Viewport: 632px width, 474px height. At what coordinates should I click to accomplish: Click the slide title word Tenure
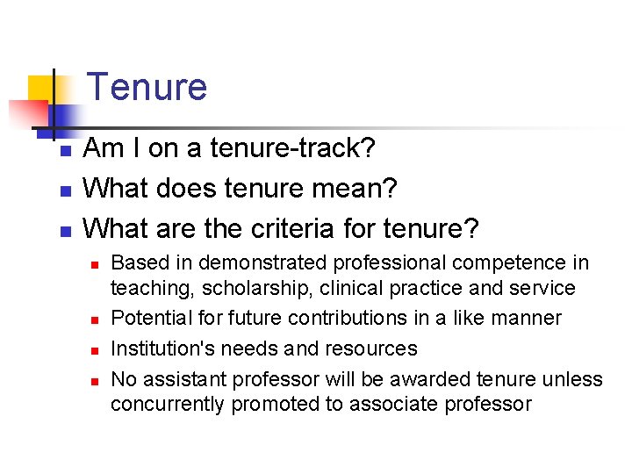coord(147,88)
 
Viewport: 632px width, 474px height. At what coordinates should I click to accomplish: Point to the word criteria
coord(291,229)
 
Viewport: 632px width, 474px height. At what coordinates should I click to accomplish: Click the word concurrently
coord(166,404)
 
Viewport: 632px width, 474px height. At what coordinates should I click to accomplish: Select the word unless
coord(574,379)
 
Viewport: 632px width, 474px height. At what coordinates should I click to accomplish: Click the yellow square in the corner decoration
coord(41,90)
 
